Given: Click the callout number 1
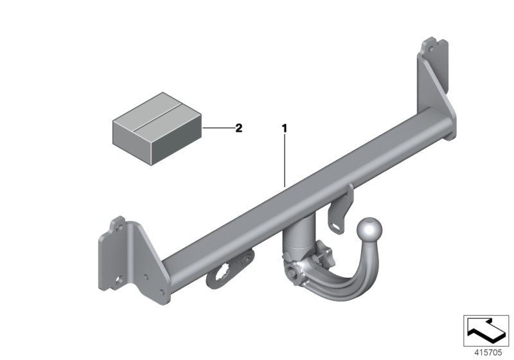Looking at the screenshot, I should point(283,129).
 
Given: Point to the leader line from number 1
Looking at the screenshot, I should point(283,161).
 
